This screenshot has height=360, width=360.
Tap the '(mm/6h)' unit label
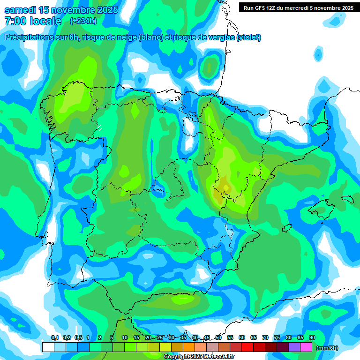coord(327,348)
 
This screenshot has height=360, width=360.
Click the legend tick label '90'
coord(312,337)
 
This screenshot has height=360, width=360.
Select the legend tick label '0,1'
coord(54,337)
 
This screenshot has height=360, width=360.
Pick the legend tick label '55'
coord(230,337)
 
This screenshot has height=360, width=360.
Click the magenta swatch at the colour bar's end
coord(306,347)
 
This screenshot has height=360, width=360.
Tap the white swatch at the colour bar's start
coord(48,347)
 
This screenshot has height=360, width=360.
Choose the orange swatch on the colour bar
coord(189,347)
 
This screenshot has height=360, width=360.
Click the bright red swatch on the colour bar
coord(247,347)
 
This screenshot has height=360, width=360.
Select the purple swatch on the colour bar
coord(294,347)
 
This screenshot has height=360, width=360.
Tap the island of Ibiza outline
coord(287,228)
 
